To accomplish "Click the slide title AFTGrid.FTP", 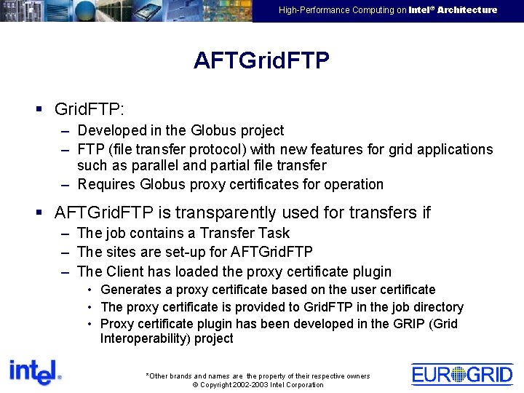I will (261, 60).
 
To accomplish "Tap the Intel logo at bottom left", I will (35, 372).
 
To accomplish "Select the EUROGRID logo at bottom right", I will (462, 374).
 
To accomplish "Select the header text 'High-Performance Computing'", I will (342, 10).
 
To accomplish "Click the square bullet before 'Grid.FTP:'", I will (39, 110).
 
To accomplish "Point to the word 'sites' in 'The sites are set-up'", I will (122, 253).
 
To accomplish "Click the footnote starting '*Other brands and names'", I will (258, 376).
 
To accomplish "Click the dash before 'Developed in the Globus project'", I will (65, 131).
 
